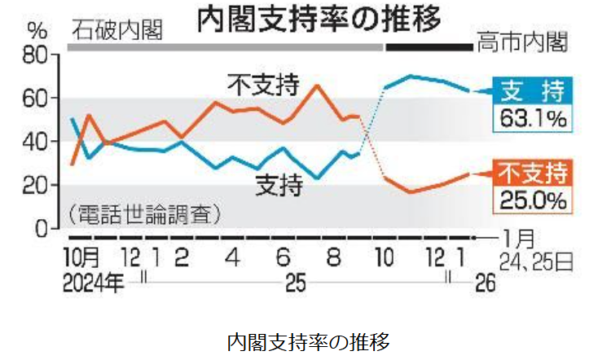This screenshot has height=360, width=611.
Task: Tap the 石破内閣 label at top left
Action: tap(116, 32)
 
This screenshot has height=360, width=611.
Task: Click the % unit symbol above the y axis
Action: tap(37, 32)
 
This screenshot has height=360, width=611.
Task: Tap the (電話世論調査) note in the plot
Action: tap(145, 215)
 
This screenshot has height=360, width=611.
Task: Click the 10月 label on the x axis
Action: tap(81, 259)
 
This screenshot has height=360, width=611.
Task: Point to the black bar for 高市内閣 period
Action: tap(429, 47)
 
